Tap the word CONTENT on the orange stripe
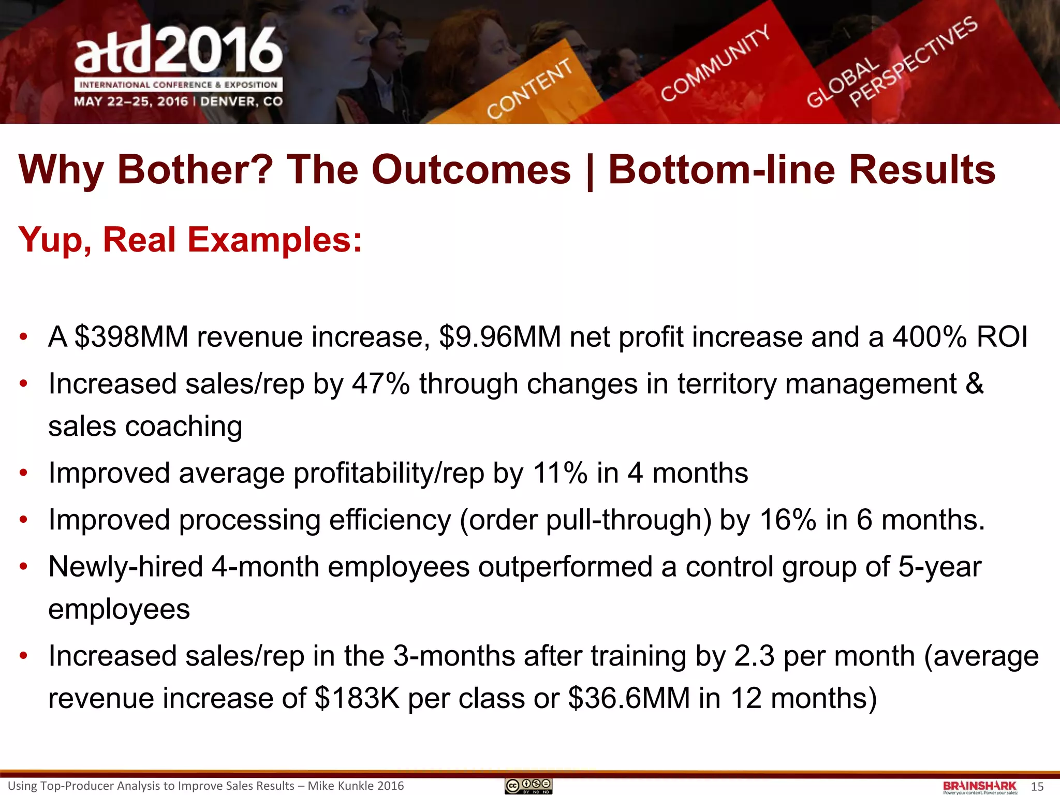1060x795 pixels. coord(529,89)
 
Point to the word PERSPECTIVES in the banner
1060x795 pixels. coord(914,62)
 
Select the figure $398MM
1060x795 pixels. coord(131,337)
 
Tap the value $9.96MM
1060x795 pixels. coord(500,337)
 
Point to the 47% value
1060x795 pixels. coord(381,384)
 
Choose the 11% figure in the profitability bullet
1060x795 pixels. coord(560,473)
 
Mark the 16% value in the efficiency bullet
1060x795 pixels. coord(788,520)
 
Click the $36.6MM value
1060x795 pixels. coord(629,698)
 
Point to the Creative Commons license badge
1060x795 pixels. coord(528,786)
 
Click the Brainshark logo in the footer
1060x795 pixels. coord(980,787)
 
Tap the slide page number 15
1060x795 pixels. coord(1037,787)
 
